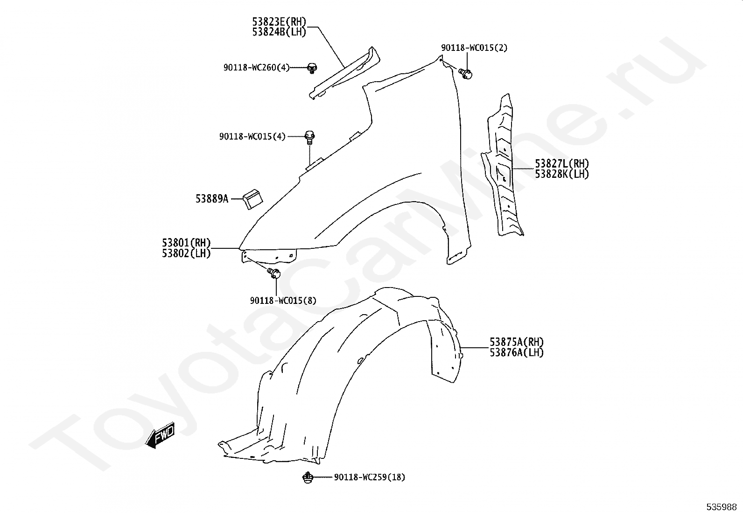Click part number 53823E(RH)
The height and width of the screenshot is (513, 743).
279,22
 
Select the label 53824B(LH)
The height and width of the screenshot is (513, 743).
279,32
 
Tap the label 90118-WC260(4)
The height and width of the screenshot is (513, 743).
256,68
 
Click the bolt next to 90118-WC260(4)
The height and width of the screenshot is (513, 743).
312,68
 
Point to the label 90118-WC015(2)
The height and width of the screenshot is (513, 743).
474,48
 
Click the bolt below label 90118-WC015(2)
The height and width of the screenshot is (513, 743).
466,73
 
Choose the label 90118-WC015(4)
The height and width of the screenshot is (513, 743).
252,137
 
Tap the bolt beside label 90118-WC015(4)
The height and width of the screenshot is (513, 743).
310,137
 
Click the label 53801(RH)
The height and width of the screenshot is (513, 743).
186,243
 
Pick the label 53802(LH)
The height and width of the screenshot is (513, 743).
186,253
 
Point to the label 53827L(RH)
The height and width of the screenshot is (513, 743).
561,164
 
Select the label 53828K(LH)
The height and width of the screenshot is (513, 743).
561,174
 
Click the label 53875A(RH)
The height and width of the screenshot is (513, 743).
517,342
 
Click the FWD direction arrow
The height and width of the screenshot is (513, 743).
160,436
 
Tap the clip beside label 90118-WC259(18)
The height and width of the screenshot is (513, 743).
308,478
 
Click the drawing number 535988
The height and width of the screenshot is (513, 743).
721,507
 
